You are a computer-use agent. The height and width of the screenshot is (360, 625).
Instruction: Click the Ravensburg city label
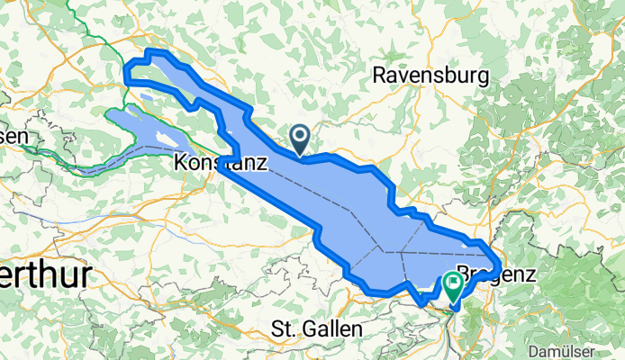pos(430,75)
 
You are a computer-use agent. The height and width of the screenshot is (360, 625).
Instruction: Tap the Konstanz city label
pos(221,164)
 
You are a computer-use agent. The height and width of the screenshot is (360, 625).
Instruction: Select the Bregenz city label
pos(497,273)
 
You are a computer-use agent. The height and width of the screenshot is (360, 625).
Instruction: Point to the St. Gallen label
pos(316,328)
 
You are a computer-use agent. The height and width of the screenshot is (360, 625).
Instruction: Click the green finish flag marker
pos(451,287)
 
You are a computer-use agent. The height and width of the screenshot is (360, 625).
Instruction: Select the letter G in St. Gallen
pos(301,328)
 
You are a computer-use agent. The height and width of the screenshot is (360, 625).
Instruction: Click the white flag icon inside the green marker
pos(451,283)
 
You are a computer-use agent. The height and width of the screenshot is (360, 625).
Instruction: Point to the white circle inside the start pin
pos(299,135)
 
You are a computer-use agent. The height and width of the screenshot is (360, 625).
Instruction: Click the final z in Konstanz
pos(261,164)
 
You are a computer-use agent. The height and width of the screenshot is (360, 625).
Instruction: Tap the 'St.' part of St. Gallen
pos(281,328)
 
